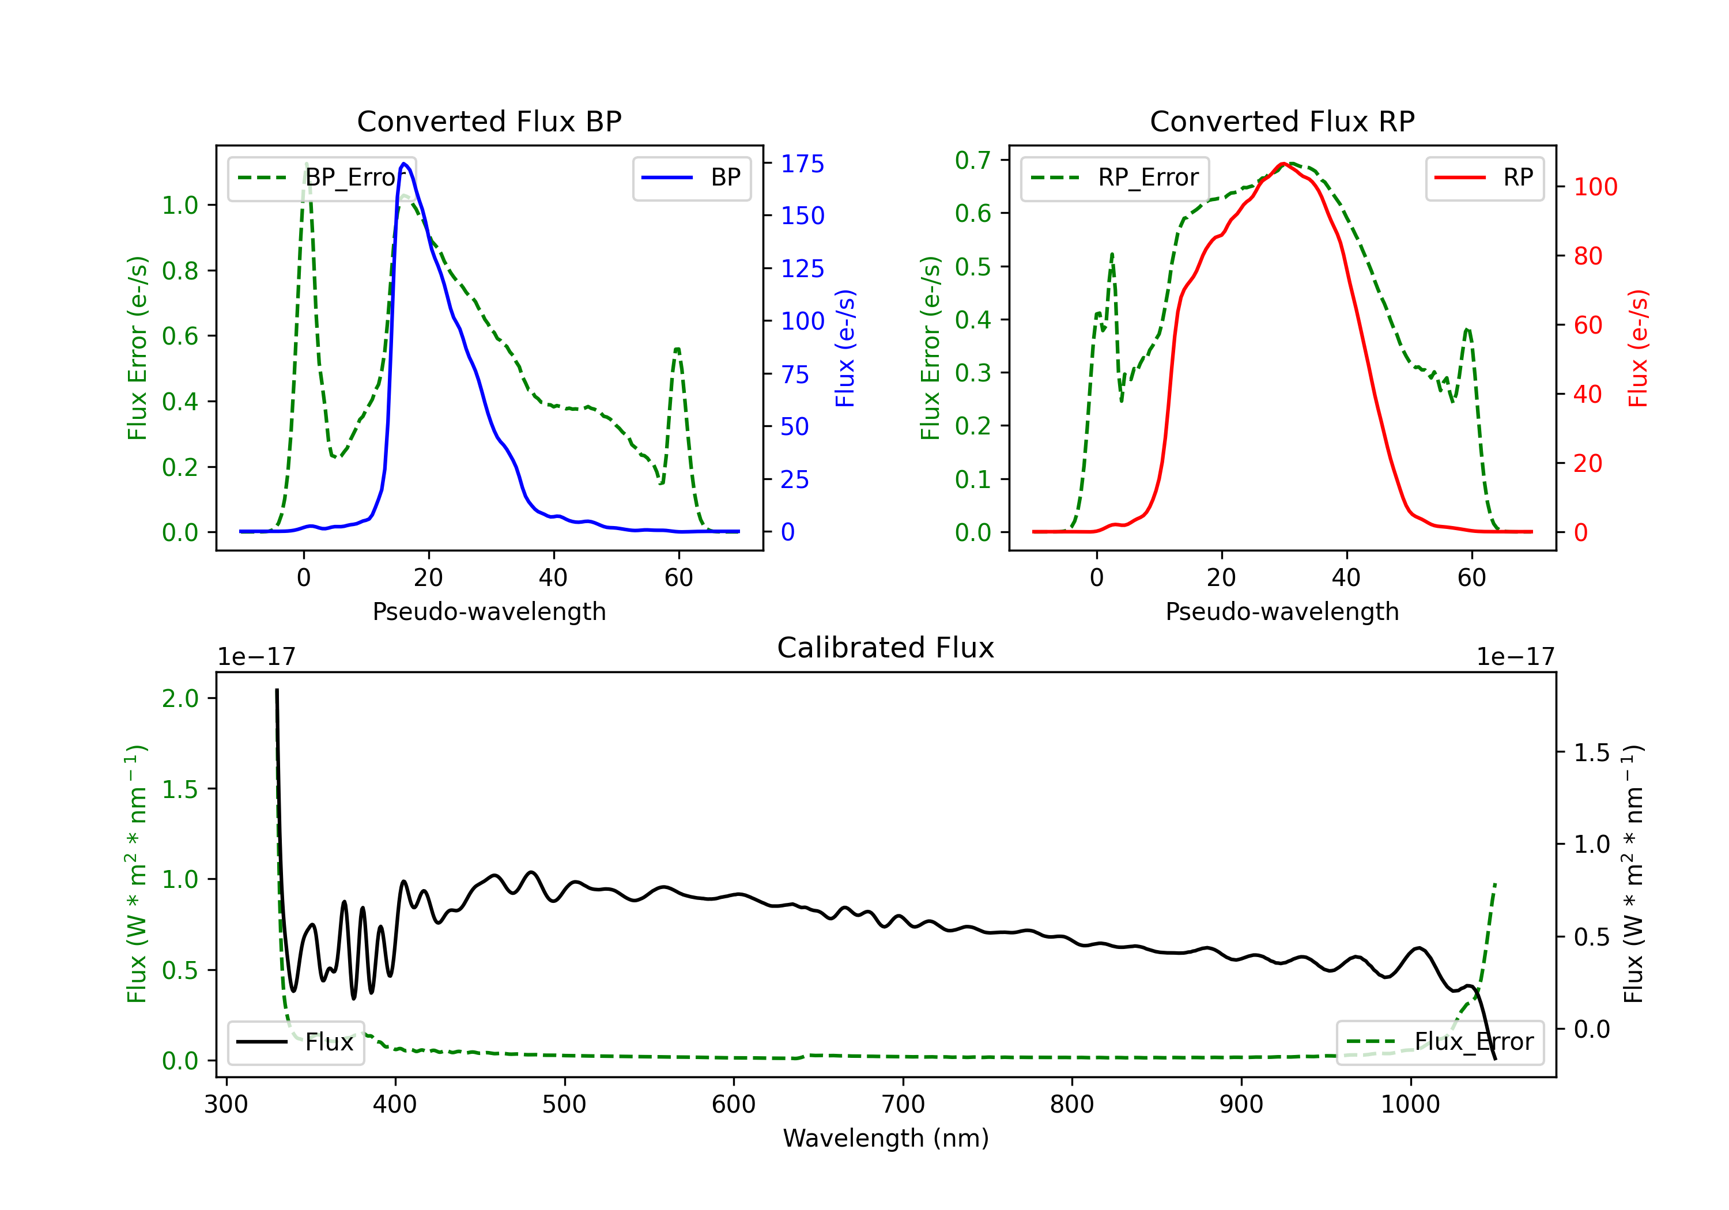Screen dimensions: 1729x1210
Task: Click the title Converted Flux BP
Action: (x=489, y=121)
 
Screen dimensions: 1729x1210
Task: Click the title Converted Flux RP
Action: (x=1282, y=121)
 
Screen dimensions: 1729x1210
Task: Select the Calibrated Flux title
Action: (x=886, y=648)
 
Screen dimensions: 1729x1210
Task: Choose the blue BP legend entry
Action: (x=691, y=177)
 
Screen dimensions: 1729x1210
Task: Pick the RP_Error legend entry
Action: (x=1115, y=177)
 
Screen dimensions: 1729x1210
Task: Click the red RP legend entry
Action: (x=1483, y=177)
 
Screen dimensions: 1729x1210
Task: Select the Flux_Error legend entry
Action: (x=1440, y=1042)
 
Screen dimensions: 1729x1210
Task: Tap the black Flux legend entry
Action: (x=295, y=1042)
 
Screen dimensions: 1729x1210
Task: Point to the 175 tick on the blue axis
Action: (x=802, y=164)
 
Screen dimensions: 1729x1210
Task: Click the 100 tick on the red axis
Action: (x=1595, y=187)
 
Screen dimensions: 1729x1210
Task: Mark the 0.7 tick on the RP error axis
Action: (x=973, y=160)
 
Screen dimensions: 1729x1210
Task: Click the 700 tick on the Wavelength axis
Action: (x=903, y=1105)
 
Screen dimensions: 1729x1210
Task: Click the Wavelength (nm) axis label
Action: (x=886, y=1138)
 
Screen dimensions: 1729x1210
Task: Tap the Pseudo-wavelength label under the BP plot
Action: (x=489, y=611)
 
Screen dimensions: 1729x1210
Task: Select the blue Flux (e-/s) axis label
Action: (x=845, y=349)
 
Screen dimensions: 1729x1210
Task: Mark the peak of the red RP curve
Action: (x=1283, y=164)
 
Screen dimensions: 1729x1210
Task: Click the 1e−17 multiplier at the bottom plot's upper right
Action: (x=1515, y=657)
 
